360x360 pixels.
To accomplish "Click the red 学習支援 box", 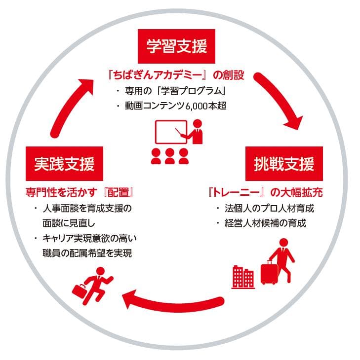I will point(176,47).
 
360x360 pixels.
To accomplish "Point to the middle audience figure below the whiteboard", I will point(170,157).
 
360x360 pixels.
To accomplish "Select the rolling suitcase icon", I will point(269,273).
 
